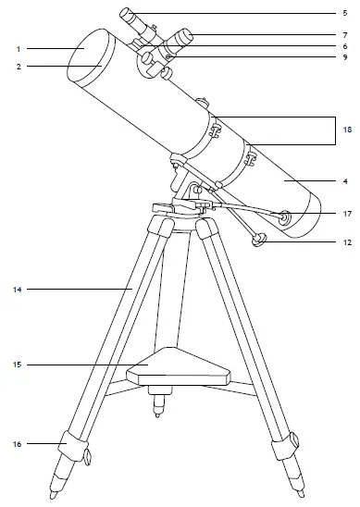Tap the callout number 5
coord(344,14)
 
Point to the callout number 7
coord(344,35)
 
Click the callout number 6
coord(344,46)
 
